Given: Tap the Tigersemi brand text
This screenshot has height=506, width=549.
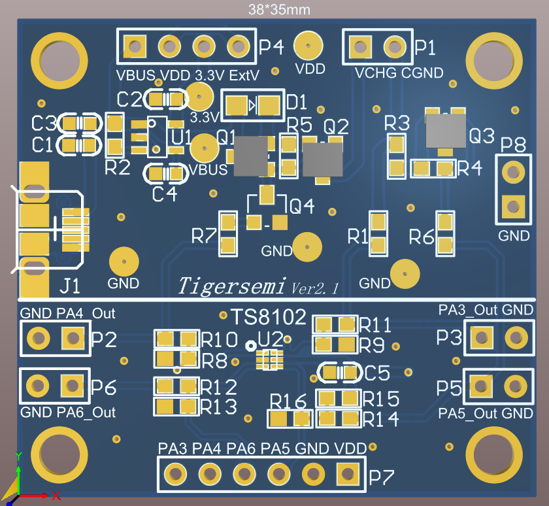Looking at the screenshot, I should coord(233,286).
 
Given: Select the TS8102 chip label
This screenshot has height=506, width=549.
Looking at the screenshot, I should coord(268,318).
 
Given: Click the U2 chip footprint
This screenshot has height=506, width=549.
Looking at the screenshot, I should coord(269,360).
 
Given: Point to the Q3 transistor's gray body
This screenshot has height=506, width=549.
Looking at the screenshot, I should coord(445,131).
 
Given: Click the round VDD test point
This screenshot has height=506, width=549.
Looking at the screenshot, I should coord(307,46).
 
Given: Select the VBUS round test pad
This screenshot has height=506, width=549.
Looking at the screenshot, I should coord(205,148).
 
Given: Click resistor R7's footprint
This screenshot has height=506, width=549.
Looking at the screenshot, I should coord(228,233).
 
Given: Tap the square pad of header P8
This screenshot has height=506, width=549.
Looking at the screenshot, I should coord(513,207).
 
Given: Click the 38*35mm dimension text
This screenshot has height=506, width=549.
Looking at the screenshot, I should coord(279,10).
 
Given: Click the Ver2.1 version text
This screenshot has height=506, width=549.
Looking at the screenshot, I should coord(315,288).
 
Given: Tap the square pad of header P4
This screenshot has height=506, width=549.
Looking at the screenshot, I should coord(135,46).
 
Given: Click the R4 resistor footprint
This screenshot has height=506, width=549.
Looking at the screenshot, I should coord(433,169).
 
